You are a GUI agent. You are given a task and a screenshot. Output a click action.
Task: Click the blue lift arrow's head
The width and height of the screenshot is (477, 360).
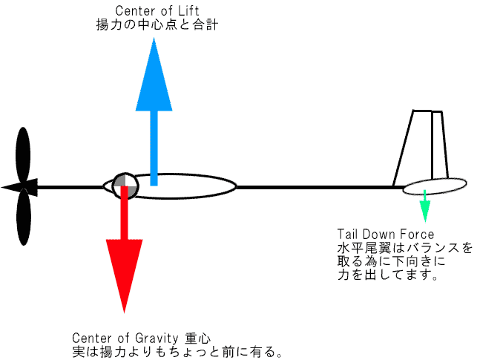pyautogui.click(x=154, y=74)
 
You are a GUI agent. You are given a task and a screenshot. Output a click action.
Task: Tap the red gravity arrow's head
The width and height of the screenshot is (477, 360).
pyautogui.click(x=124, y=271)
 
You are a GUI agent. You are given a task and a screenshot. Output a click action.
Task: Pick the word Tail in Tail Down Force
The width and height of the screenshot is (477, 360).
pyautogui.click(x=349, y=235)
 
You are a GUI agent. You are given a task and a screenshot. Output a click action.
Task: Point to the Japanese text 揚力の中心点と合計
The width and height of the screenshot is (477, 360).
pyautogui.click(x=157, y=25)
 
